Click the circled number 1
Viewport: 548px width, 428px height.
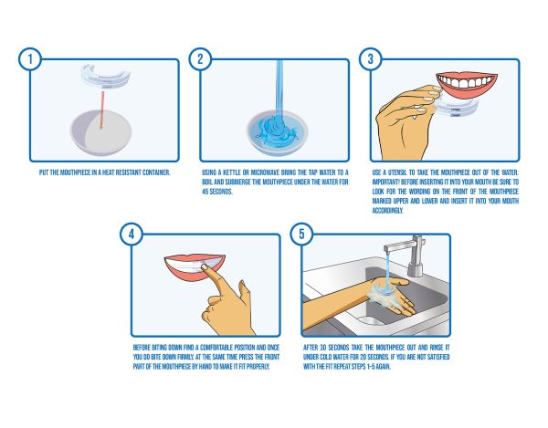point(30,59)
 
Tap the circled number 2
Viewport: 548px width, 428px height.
point(200,59)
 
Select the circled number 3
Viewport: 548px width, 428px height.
point(371,59)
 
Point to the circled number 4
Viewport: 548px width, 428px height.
point(132,234)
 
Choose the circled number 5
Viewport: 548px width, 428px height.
point(301,234)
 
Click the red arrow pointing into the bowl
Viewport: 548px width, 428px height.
point(102,110)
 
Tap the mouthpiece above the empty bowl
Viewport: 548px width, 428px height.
point(105,76)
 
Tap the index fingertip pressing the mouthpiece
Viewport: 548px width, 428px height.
point(204,267)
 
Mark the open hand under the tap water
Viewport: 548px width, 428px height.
point(391,294)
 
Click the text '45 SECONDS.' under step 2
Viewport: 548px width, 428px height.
point(217,192)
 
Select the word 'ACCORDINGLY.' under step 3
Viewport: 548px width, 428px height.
point(387,211)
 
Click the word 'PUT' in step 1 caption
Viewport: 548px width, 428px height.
point(44,172)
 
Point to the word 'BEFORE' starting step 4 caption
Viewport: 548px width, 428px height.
point(142,348)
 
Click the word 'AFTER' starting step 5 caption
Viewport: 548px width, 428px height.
point(311,348)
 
